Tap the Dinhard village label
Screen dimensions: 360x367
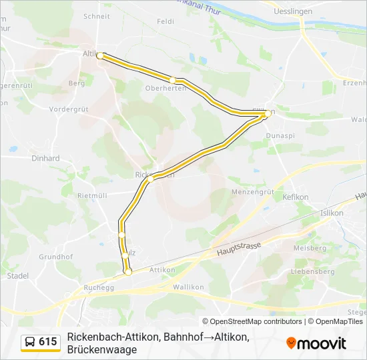click(45, 159)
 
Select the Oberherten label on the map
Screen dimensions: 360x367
click(165, 89)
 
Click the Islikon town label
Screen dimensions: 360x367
click(332, 213)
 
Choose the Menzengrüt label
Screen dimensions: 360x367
click(253, 191)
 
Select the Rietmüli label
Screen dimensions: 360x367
click(93, 195)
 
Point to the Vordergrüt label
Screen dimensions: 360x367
click(69, 109)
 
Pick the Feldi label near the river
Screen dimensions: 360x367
click(165, 21)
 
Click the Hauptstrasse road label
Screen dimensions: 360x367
click(239, 249)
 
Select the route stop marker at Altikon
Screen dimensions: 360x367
click(100, 56)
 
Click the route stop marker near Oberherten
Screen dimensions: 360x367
click(173, 80)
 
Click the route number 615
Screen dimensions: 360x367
click(48, 342)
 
